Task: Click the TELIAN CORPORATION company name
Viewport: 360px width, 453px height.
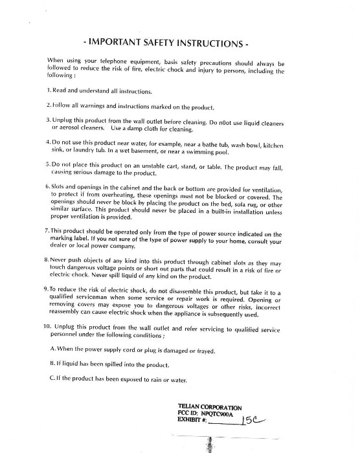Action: [210, 407]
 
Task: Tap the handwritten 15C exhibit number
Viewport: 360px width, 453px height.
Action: [253, 421]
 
